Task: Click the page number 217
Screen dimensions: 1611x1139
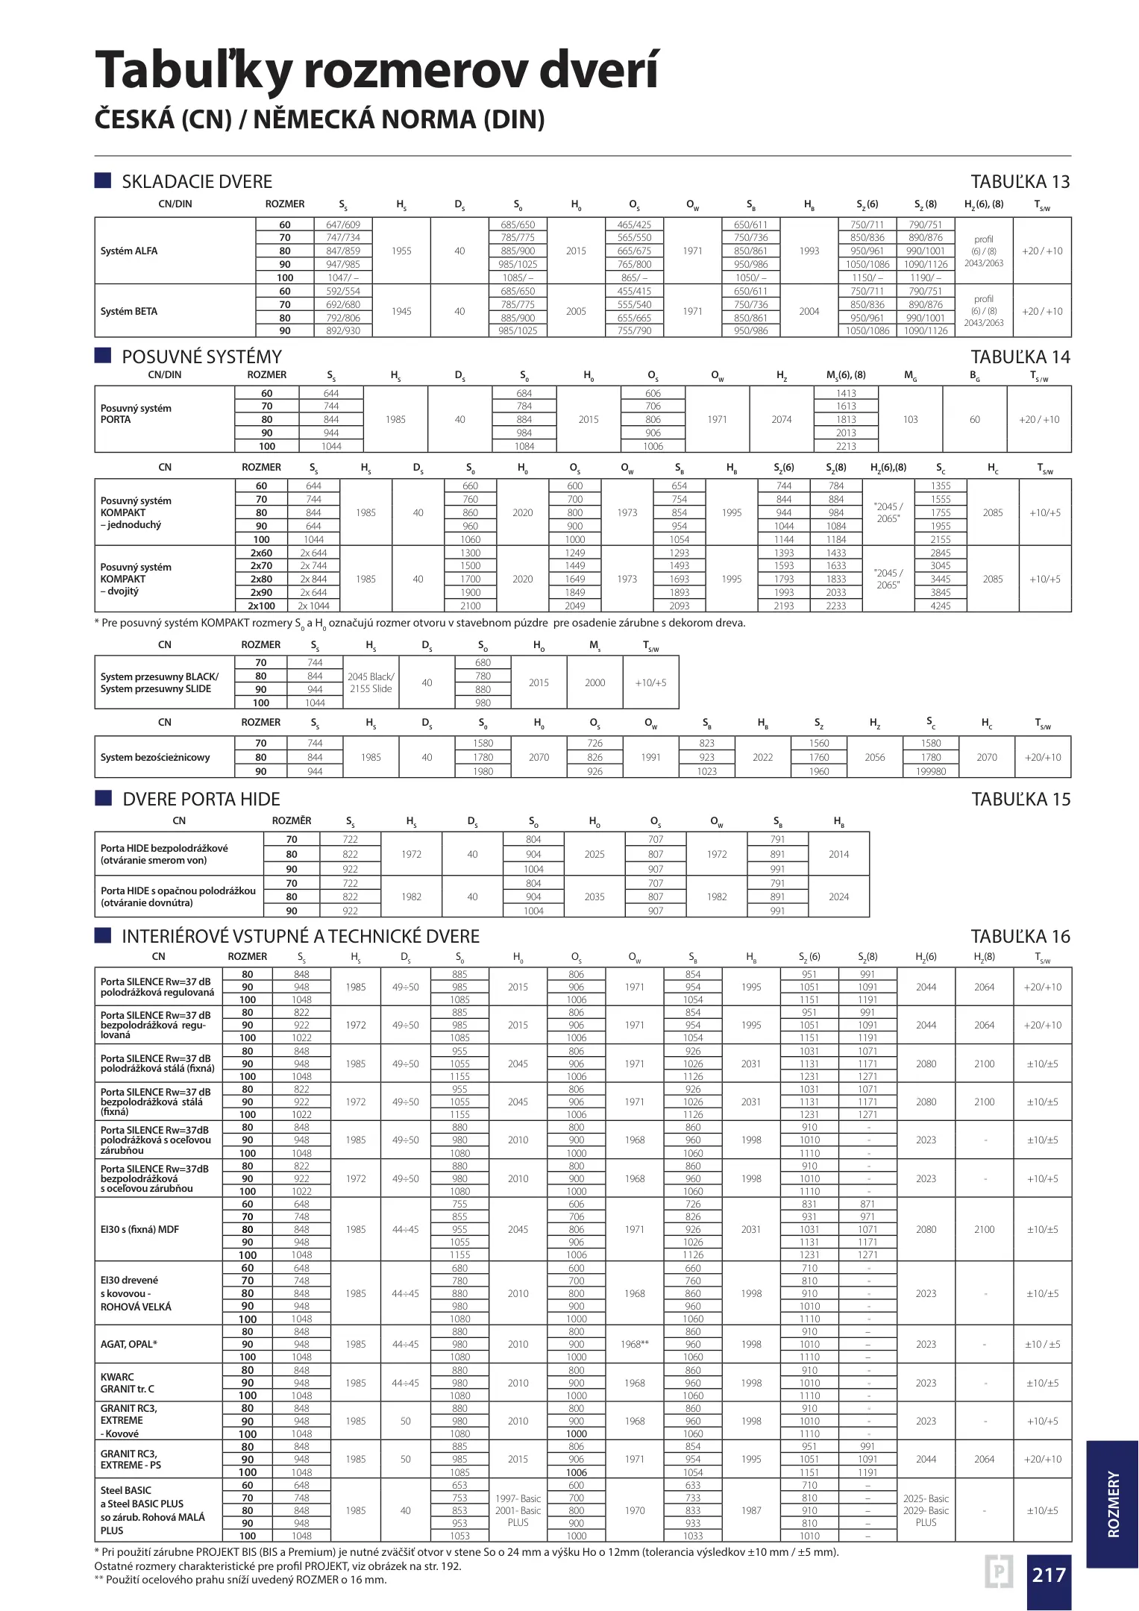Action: [x=1048, y=1574]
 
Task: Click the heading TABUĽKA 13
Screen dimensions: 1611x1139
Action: [x=1020, y=182]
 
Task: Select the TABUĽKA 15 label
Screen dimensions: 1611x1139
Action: [x=1020, y=800]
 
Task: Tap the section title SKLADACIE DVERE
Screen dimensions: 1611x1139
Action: [x=197, y=182]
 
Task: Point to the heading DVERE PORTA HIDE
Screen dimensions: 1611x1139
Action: [x=201, y=800]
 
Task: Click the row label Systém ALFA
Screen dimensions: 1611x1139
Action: [x=129, y=251]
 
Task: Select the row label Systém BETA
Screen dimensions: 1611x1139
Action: [x=129, y=312]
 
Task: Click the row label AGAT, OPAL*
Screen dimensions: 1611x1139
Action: [x=129, y=1344]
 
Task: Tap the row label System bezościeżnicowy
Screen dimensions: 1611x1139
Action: [x=155, y=757]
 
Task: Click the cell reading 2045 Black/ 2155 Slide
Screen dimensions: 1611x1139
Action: [x=371, y=682]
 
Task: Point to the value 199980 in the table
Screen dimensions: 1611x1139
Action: [x=931, y=771]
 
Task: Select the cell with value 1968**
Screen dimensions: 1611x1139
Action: [x=634, y=1344]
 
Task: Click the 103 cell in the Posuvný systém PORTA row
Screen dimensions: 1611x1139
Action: [x=910, y=419]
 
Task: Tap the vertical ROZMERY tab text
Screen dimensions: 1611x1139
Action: [x=1113, y=1504]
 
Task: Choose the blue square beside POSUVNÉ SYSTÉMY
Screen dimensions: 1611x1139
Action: [x=103, y=355]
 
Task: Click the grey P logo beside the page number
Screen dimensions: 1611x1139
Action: [x=999, y=1572]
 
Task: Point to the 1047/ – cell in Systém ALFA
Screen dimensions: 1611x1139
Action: [x=343, y=277]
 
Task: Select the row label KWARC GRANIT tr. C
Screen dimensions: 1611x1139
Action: [x=128, y=1383]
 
